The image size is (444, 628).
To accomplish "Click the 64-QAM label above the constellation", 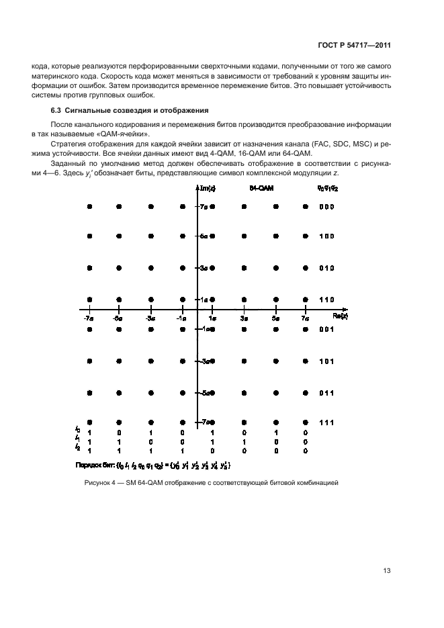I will pyautogui.click(x=262, y=190).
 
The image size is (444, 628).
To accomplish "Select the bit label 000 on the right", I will pyautogui.click(x=326, y=207).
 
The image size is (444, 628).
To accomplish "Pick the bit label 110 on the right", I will pyautogui.click(x=326, y=299).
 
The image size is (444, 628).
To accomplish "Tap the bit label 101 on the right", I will pyautogui.click(x=326, y=361).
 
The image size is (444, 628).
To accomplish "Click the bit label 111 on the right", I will pyautogui.click(x=326, y=422).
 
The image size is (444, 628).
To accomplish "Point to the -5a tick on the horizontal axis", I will pyautogui.click(x=118, y=317).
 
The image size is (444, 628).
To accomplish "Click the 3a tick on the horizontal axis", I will pyautogui.click(x=244, y=317).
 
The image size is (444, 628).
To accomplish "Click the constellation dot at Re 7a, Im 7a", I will pyautogui.click(x=306, y=207).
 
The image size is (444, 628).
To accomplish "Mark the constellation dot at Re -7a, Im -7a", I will pyautogui.click(x=89, y=422).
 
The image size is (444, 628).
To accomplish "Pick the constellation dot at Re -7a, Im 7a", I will pyautogui.click(x=89, y=207).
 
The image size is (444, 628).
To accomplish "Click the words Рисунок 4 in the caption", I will pyautogui.click(x=101, y=482).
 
